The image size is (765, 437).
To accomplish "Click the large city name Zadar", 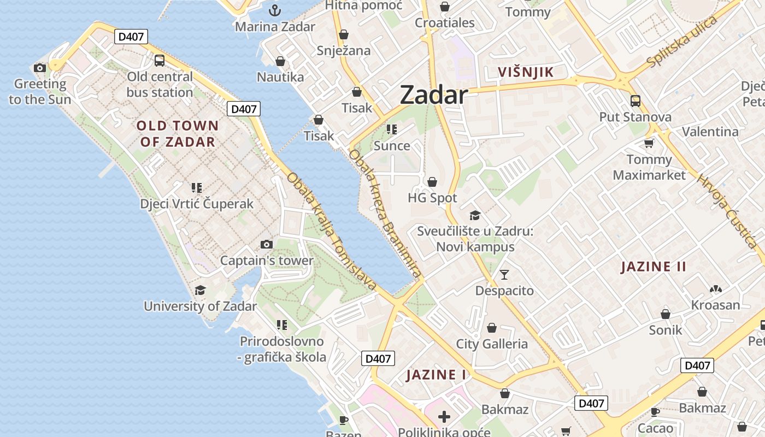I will click(x=434, y=95).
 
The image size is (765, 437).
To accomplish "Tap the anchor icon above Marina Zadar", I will click(x=275, y=10).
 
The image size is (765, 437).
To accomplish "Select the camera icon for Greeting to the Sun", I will click(x=40, y=68).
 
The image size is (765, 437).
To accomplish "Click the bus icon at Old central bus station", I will click(x=160, y=61).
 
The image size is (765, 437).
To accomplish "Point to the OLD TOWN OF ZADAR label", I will click(x=178, y=134).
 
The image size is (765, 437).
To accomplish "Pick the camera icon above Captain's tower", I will click(x=267, y=244).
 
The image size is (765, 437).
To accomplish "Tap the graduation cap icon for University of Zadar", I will click(x=201, y=290).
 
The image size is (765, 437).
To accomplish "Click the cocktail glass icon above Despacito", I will click(x=504, y=274).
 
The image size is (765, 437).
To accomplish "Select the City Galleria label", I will click(x=492, y=344).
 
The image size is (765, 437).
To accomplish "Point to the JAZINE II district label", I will click(x=654, y=267).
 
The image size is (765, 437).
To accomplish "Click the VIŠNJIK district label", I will click(x=526, y=72).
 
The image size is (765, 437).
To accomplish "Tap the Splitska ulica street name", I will click(x=681, y=42).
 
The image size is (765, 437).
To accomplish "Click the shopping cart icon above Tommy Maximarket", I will click(x=649, y=143).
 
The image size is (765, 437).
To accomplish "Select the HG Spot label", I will click(x=432, y=198).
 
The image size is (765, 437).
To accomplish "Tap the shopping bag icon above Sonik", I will click(x=666, y=314).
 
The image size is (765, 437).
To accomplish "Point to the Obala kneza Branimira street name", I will click(x=385, y=214).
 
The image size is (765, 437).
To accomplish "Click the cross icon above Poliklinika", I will click(x=444, y=417).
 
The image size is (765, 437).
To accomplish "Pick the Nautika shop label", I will click(x=280, y=77).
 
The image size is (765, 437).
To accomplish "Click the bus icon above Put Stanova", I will click(x=635, y=101).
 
